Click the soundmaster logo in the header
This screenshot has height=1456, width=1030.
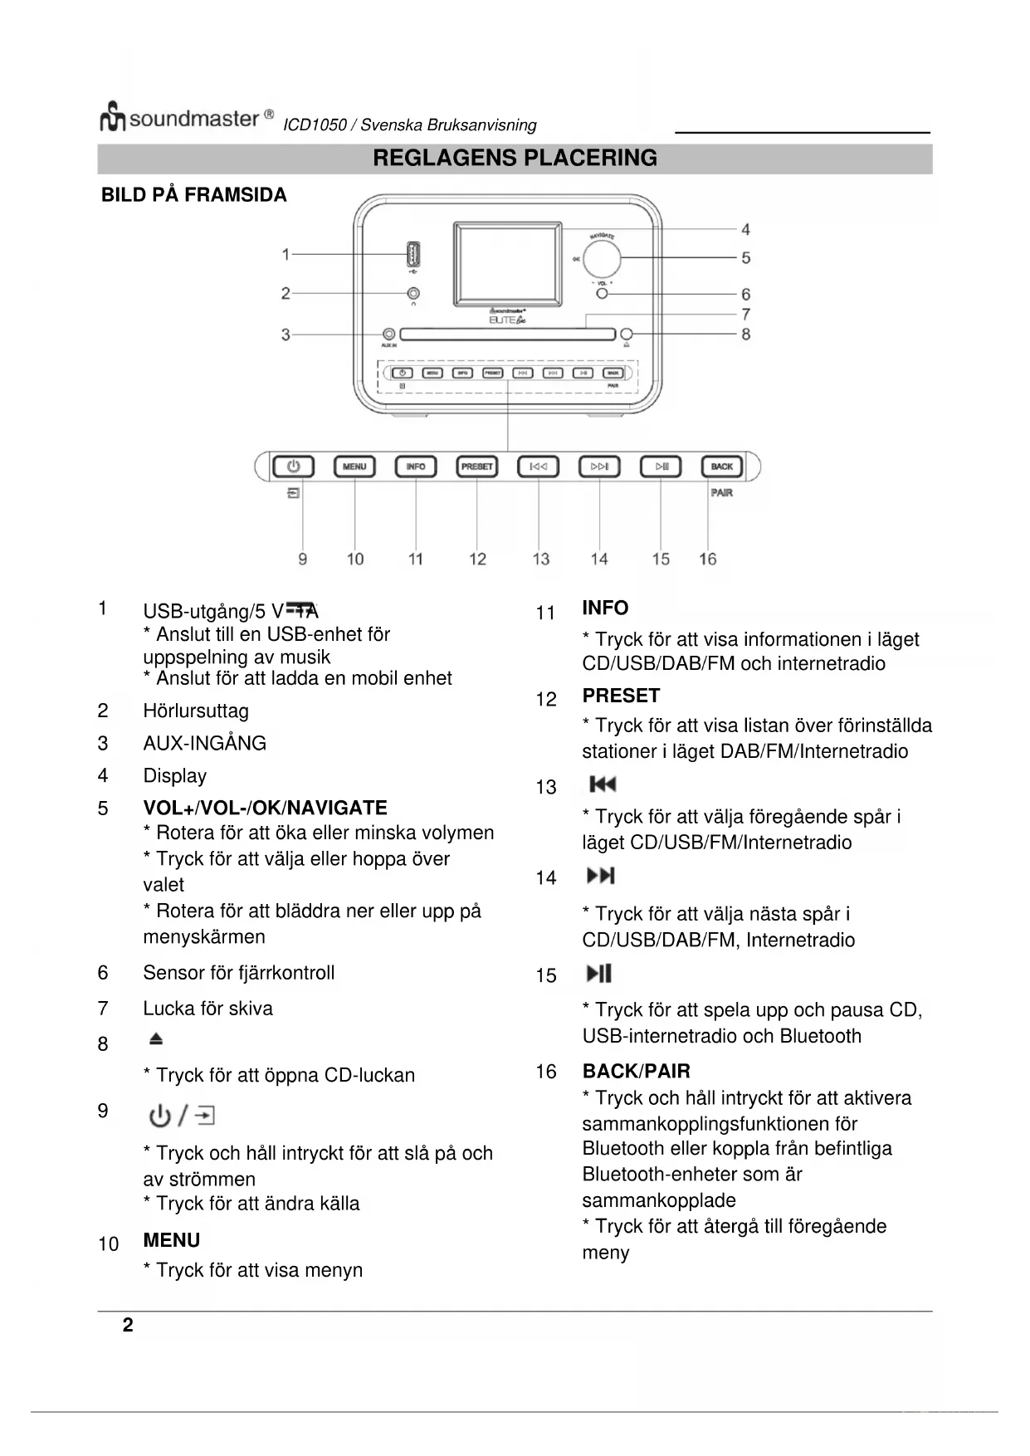click(x=186, y=119)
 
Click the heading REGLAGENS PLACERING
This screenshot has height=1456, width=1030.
click(x=515, y=158)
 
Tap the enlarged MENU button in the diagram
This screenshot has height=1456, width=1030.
click(x=354, y=467)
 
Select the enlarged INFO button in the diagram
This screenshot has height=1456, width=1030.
click(x=416, y=467)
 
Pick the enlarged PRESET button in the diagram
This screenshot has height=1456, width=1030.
click(x=477, y=467)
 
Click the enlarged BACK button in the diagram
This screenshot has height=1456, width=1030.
click(x=721, y=467)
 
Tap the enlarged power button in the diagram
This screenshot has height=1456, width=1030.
click(x=294, y=467)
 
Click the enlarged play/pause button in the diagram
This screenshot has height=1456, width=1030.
click(x=661, y=467)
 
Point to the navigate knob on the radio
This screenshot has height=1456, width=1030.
click(x=602, y=258)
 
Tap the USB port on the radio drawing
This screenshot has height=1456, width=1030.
click(x=412, y=252)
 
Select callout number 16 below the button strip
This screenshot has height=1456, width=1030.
click(x=707, y=559)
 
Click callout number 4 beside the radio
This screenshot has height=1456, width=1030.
click(x=745, y=229)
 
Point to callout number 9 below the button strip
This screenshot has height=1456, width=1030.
click(x=302, y=559)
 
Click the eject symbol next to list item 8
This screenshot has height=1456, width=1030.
click(x=156, y=1039)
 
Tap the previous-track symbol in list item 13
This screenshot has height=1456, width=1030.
click(x=603, y=784)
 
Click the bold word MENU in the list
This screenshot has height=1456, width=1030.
click(x=172, y=1240)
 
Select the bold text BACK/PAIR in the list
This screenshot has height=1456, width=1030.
click(x=636, y=1071)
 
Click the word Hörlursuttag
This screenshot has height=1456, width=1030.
click(x=196, y=711)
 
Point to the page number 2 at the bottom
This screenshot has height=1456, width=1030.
click(x=128, y=1325)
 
